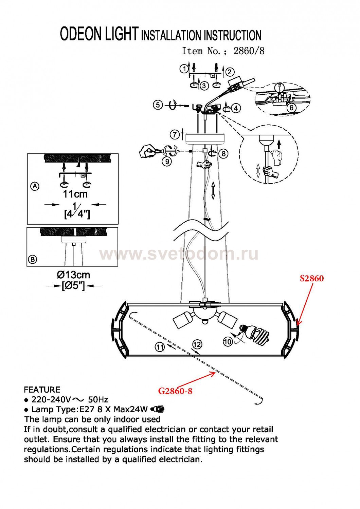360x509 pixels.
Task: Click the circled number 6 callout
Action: (x=291, y=108)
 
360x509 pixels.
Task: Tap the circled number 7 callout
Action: (x=175, y=135)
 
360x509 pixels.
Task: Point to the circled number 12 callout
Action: (x=197, y=344)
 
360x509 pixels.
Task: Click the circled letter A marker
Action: (x=35, y=187)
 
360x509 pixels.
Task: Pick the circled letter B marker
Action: (x=33, y=259)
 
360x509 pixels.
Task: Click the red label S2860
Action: (x=311, y=278)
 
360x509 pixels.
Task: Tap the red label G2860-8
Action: (x=175, y=391)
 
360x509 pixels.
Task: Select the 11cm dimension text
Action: (x=75, y=194)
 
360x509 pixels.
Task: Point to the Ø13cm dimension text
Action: (x=73, y=275)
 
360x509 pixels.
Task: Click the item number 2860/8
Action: (x=249, y=51)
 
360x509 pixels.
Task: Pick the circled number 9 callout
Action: (x=167, y=161)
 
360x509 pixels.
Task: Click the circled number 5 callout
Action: (x=158, y=105)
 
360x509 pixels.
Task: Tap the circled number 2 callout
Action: (x=230, y=72)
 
